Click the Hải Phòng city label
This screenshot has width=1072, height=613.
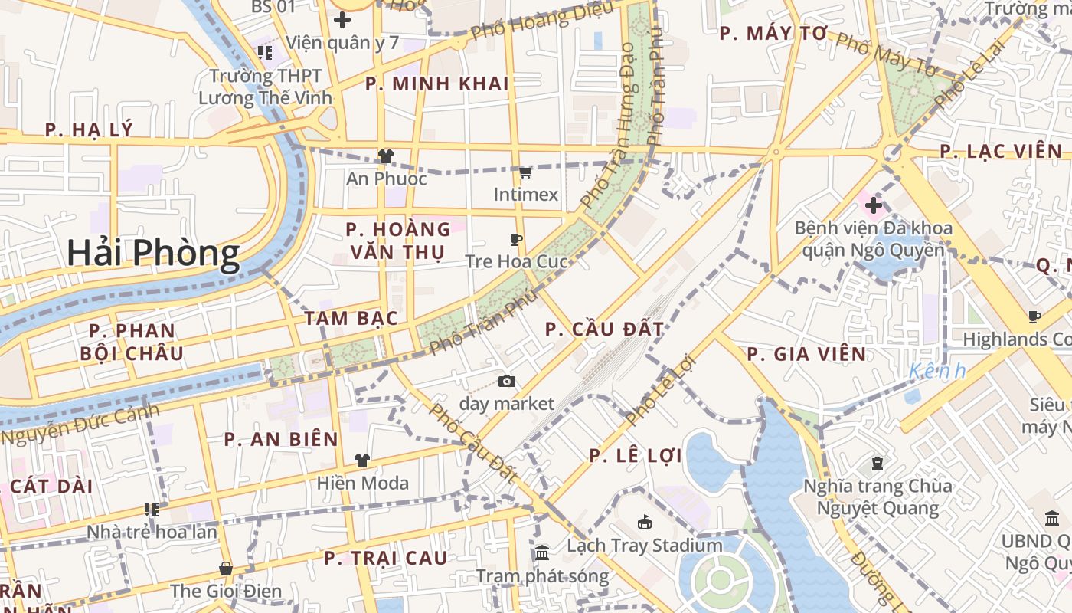[x=153, y=253]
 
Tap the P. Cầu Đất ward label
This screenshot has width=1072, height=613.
[x=604, y=329]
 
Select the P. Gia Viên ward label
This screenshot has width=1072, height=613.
[x=806, y=354]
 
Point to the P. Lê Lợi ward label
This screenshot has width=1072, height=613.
[x=636, y=456]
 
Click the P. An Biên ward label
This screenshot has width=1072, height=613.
[x=281, y=439]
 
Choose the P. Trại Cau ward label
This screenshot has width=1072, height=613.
[x=385, y=558]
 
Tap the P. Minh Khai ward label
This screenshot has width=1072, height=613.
[x=437, y=84]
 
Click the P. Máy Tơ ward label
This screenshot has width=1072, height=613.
[x=774, y=34]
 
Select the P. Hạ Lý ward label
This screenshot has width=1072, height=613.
[x=89, y=129]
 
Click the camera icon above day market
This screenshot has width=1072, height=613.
[x=506, y=381]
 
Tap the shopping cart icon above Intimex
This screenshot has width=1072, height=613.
[x=525, y=172]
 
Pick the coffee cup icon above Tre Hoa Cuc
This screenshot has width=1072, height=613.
[x=516, y=240]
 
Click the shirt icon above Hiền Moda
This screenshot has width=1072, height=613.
[x=362, y=461]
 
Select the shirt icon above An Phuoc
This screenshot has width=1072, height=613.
[x=385, y=156]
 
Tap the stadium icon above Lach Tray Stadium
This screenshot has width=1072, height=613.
[x=645, y=523]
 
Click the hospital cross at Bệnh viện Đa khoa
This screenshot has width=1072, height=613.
[x=874, y=205]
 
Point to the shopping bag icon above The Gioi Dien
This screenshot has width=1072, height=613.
[x=226, y=569]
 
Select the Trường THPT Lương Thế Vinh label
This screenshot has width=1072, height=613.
[x=266, y=87]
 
